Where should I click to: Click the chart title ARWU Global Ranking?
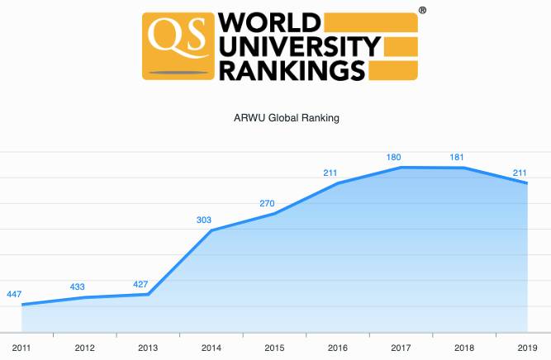tap(287, 118)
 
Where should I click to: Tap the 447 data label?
tap(14, 295)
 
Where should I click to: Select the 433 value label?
tap(77, 287)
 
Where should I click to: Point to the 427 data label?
tap(140, 285)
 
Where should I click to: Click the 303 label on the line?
tap(204, 220)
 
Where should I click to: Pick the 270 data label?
tap(268, 203)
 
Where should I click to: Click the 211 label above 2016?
tap(330, 173)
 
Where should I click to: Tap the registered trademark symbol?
tap(423, 11)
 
